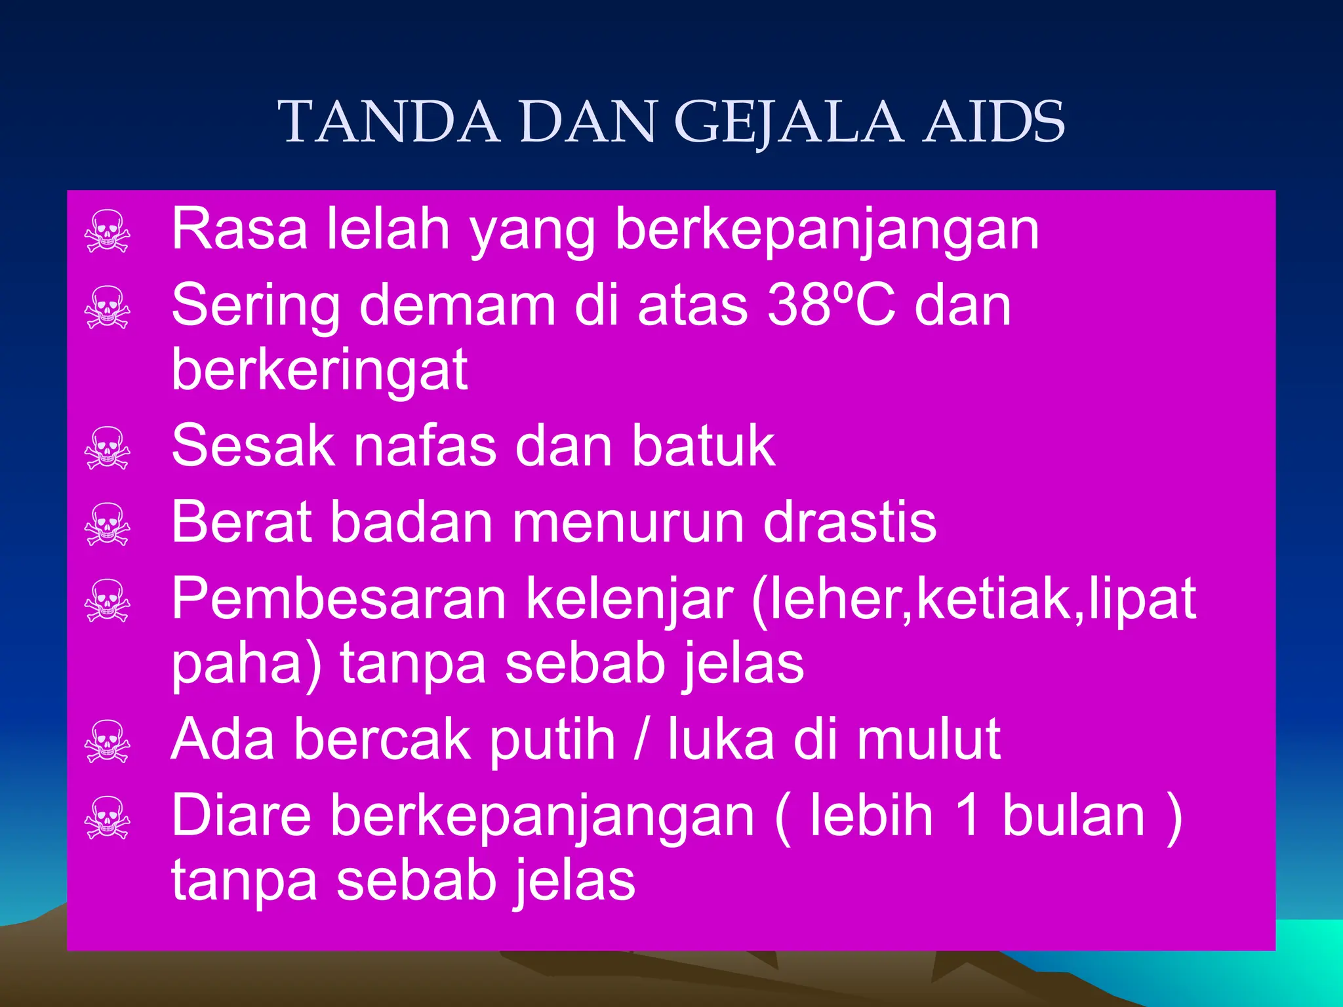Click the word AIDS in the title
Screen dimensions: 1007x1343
(x=993, y=122)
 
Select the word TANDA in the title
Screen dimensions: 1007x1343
(x=390, y=122)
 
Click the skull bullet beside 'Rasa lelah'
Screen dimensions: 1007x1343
(x=108, y=231)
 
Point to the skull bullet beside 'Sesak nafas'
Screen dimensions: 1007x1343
(x=108, y=448)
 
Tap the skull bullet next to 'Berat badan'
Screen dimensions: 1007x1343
(x=108, y=524)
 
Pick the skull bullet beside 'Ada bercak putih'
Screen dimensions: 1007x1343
(x=108, y=741)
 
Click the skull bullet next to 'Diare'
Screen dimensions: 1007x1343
(x=108, y=818)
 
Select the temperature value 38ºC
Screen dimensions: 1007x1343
(x=831, y=306)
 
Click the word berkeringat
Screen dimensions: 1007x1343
(x=319, y=369)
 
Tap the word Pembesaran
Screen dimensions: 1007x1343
(x=339, y=599)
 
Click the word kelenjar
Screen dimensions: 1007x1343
(x=630, y=600)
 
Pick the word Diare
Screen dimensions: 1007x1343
(x=241, y=816)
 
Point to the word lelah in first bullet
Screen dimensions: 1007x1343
(x=388, y=229)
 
